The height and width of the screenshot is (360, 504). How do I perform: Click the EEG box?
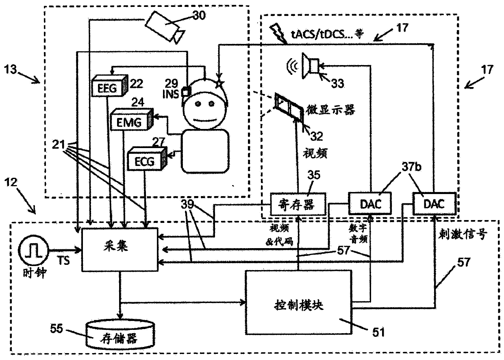pos(109,85)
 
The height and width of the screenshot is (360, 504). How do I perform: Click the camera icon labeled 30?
pos(165,27)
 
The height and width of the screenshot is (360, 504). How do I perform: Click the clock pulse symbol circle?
pos(33,250)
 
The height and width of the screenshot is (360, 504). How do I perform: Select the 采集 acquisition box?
pos(120,250)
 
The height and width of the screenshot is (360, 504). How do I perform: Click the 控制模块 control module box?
pos(299,302)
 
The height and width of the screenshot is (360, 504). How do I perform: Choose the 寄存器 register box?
pos(298,204)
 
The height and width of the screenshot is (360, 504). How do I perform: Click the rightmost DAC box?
pos(434,204)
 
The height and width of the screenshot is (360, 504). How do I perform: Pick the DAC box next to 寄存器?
pos(370,203)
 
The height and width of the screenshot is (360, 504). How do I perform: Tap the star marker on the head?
pos(219,83)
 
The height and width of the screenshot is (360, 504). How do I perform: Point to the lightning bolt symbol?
pos(278,34)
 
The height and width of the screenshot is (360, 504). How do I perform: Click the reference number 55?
pos(56,329)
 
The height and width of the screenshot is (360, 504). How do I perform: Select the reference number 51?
pos(379,332)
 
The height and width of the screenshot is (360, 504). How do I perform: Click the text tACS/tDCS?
pos(317,35)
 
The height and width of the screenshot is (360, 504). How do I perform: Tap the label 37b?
pos(411,167)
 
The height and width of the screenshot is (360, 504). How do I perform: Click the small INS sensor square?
pos(186,92)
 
